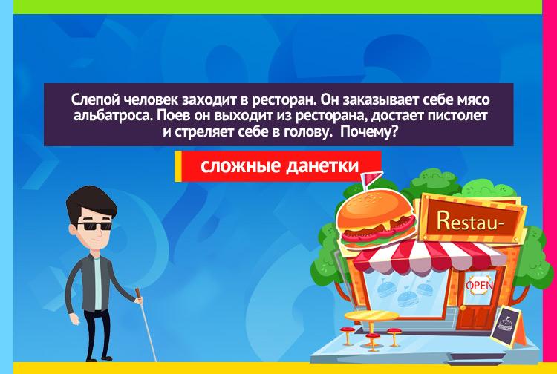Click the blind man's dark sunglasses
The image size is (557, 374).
(94, 226)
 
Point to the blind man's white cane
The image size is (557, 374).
(146, 325)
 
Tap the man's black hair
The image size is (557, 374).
(91, 203)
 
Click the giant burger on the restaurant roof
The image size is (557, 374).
(376, 219)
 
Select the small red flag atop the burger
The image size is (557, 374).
(370, 177)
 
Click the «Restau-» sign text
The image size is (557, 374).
(470, 220)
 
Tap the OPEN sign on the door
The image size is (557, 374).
(480, 285)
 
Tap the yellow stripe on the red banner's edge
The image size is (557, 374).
(178, 166)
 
